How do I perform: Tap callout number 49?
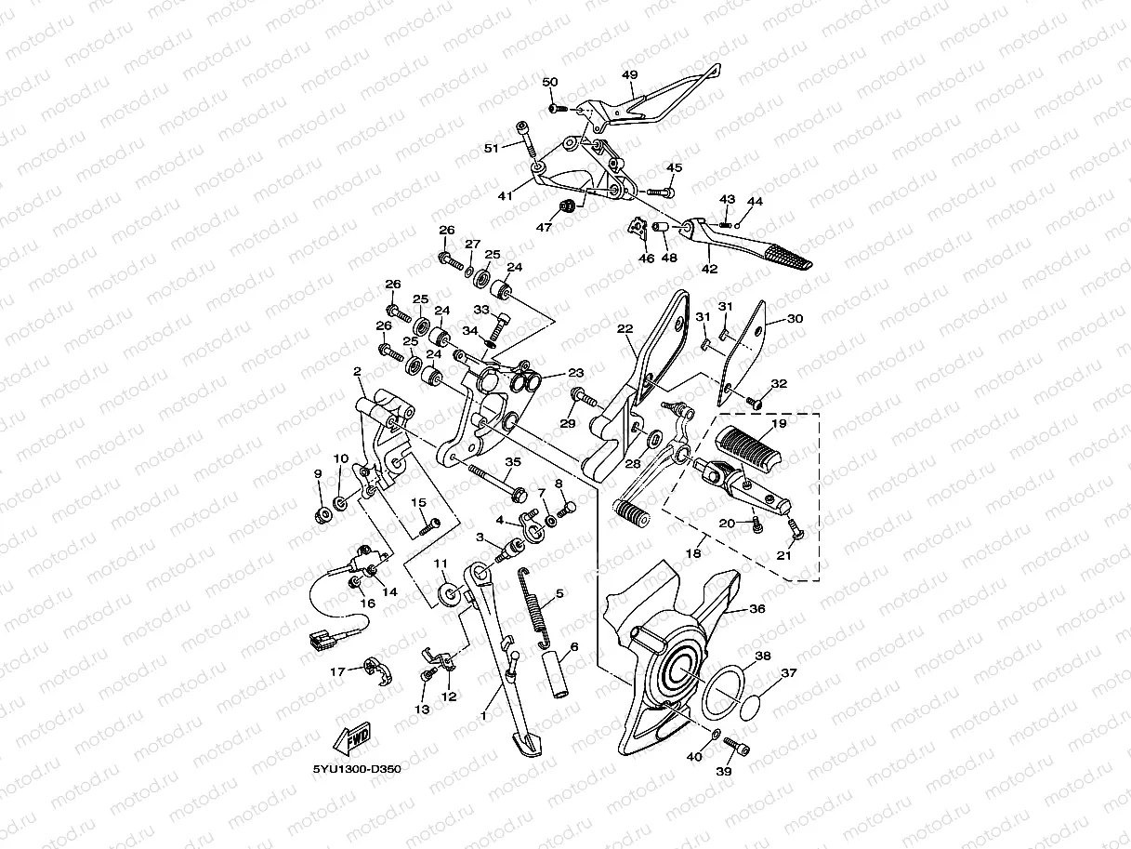[x=629, y=75]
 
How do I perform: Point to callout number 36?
[x=757, y=609]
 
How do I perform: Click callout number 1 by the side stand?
[x=483, y=715]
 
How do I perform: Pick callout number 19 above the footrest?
[x=778, y=423]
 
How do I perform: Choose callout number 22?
[x=625, y=329]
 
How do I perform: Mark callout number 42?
[x=709, y=271]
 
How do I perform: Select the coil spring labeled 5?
[x=537, y=605]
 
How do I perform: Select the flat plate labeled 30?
[x=749, y=353]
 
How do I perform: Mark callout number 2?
[x=357, y=372]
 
